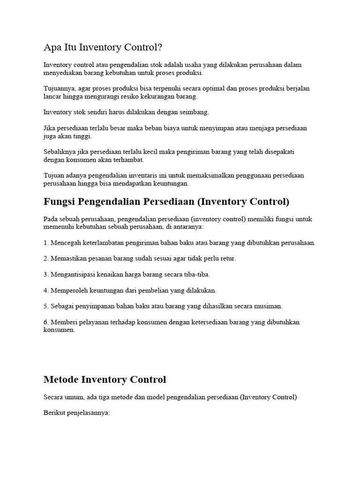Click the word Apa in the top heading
point(52,47)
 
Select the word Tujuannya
point(58,89)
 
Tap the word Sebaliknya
point(59,152)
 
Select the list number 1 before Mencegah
point(45,243)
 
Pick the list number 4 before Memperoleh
point(45,290)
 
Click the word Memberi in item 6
point(62,322)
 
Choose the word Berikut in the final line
point(53,413)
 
